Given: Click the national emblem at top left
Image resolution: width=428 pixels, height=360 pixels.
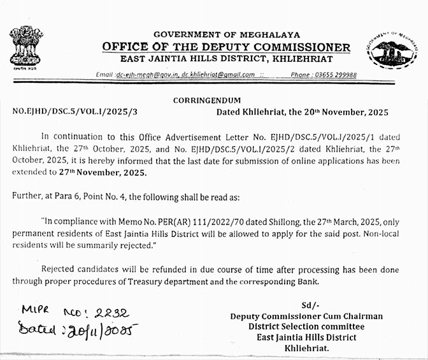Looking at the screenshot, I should (x=26, y=47).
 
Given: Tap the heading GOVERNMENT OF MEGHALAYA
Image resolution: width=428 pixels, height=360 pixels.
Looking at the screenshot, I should (x=227, y=34).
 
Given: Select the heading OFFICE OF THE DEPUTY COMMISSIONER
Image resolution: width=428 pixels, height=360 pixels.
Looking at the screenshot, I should (x=227, y=47).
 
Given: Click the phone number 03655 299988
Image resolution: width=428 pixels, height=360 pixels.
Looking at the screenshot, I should (x=332, y=75).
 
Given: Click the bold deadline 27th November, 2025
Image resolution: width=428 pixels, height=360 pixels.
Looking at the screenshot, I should (x=109, y=173).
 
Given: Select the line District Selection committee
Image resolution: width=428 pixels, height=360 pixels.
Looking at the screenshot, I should (x=306, y=327).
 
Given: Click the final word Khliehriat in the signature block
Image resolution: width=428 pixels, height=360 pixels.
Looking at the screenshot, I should (x=306, y=349).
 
